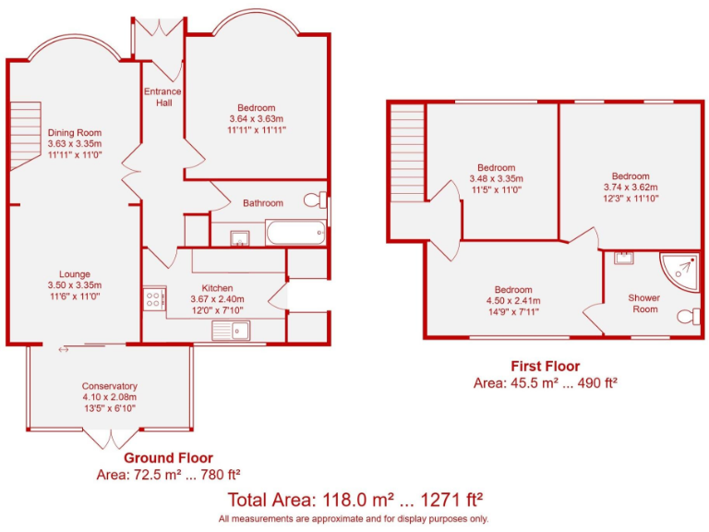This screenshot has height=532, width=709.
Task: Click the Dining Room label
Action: pos(75,133)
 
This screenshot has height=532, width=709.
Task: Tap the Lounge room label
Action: pos(75,273)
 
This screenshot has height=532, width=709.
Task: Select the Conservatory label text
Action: pos(109,386)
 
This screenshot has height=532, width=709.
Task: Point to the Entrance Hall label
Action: pos(162,97)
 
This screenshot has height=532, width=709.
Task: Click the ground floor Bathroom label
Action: pos(263,203)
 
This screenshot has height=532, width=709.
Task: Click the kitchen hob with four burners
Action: pos(153,298)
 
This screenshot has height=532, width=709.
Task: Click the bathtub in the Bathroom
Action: pos(294,233)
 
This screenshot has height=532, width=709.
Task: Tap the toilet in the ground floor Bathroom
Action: pos(315,199)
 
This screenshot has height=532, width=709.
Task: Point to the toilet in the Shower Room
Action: pos(687,317)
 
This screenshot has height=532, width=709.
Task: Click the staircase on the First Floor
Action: pos(405,152)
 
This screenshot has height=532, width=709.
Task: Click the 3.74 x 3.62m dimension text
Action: pos(631,187)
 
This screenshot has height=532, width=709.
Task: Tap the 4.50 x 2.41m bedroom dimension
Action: pos(512,300)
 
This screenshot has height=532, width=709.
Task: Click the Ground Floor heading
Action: pos(168,458)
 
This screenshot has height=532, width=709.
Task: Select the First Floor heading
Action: pos(545,367)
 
